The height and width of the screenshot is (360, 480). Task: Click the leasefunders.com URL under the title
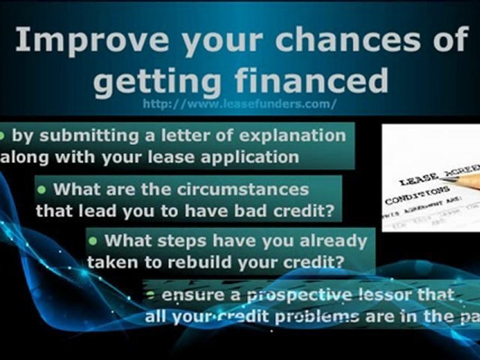coord(239,104)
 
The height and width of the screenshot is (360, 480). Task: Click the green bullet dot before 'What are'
coord(42,189)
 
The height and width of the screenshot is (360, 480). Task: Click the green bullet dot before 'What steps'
coord(93,240)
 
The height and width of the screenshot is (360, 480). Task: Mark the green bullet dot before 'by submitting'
coord(2,135)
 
